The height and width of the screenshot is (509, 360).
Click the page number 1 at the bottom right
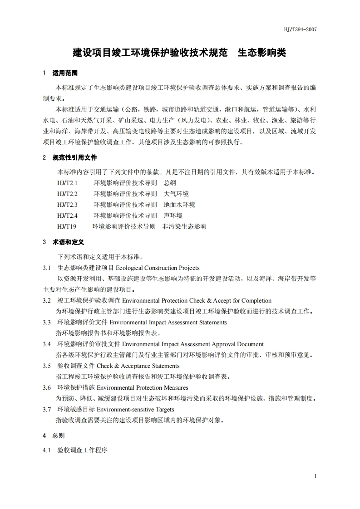coord(315,476)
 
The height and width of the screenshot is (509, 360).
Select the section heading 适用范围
coord(65,73)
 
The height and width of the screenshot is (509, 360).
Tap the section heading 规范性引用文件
coord(75,158)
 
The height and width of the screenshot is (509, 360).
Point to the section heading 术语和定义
coord(69,242)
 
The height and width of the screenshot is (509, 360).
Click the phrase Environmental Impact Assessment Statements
coord(174,322)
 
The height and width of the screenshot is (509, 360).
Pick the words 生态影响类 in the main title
coord(262,52)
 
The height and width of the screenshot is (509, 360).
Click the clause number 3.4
coord(47,344)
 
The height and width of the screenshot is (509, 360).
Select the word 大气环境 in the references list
coord(176,194)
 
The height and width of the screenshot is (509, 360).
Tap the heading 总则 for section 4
coord(59,436)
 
